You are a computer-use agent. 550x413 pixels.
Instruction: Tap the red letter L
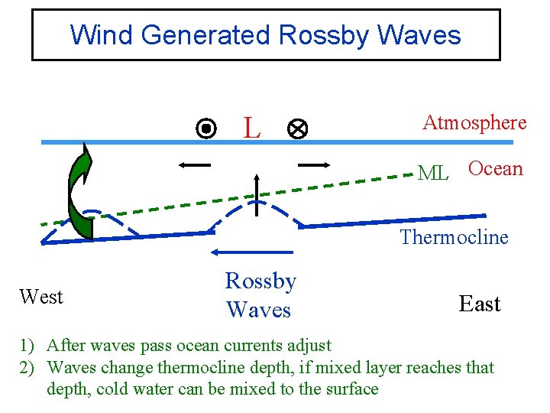pos(251,129)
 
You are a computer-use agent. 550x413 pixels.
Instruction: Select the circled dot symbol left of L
pos(205,128)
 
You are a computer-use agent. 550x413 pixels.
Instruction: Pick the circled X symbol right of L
pos(296,130)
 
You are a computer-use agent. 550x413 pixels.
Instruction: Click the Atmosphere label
pos(474,122)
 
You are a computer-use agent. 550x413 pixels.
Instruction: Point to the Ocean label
pos(495,169)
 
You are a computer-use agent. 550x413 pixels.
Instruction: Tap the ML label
pos(433,174)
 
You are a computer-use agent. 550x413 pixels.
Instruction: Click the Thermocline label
pos(454,237)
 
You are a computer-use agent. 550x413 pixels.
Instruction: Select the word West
pos(41,297)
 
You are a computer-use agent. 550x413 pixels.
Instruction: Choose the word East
pos(480,304)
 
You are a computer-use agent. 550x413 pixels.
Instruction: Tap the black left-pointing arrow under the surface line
pos(196,164)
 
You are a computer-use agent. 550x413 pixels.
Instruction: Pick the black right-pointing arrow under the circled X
pos(313,164)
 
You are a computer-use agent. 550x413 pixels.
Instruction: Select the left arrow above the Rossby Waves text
pos(236,252)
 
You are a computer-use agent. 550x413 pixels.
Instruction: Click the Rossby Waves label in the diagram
pos(260,296)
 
